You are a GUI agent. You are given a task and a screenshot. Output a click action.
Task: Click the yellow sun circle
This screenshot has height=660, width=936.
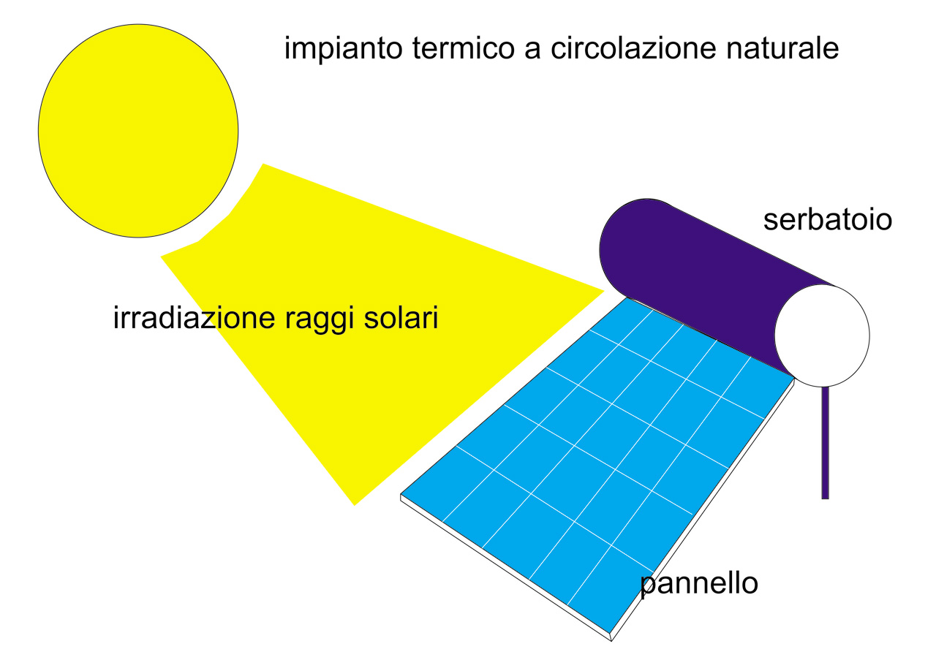138,131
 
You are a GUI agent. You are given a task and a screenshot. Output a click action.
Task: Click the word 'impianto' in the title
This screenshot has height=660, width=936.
344,48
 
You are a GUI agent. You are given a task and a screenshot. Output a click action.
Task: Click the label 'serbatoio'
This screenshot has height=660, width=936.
827,220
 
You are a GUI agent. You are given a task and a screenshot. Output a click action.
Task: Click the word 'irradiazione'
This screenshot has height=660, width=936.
194,317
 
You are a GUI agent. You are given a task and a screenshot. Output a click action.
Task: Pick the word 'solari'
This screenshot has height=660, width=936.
401,317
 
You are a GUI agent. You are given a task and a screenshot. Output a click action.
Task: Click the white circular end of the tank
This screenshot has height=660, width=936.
823,335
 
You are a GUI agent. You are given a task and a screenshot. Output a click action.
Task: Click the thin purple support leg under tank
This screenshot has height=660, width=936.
826,443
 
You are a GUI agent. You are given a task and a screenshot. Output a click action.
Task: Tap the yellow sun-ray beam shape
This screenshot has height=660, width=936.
355,317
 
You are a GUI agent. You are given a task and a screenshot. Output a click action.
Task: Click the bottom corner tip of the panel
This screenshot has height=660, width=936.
611,641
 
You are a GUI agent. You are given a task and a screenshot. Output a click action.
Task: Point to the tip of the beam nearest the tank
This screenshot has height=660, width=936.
604,291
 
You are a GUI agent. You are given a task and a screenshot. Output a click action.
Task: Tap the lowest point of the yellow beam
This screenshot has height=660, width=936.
355,506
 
